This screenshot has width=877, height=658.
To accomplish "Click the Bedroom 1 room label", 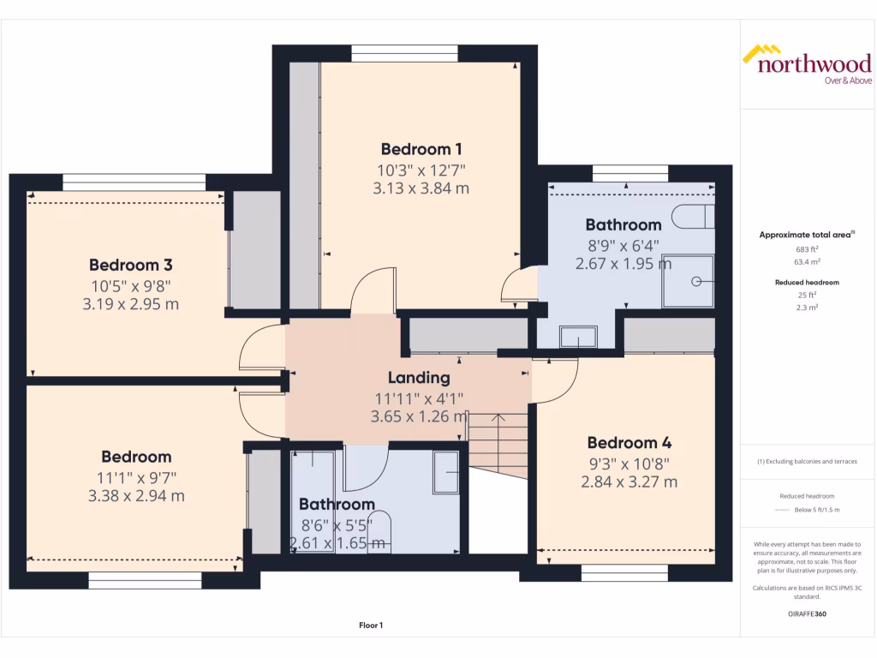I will point(421,148).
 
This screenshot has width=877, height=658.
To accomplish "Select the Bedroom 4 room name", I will point(629,443).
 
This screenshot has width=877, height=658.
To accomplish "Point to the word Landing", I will point(419,378).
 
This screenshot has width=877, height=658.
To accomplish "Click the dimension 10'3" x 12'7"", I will point(421,170).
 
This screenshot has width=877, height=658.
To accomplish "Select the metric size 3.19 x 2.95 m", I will point(130,304).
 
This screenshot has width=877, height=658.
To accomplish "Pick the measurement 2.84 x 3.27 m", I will point(629,482).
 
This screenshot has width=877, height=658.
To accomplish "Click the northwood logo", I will point(807,64).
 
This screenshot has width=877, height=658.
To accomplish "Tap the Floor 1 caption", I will point(370,626).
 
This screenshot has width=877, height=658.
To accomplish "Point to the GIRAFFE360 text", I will point(808,613).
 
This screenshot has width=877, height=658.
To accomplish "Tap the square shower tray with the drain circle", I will point(687,281).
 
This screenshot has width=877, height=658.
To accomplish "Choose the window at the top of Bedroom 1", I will point(403,53).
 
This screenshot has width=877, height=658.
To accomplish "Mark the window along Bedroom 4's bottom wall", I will point(624,572).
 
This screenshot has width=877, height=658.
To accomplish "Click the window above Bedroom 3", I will point(134,182).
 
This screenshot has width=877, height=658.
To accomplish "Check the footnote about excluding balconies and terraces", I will point(808,462).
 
